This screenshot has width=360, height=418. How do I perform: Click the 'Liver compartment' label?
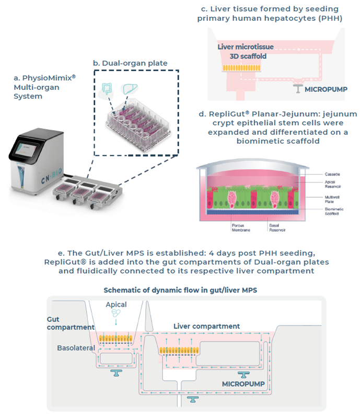click(206, 327)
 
